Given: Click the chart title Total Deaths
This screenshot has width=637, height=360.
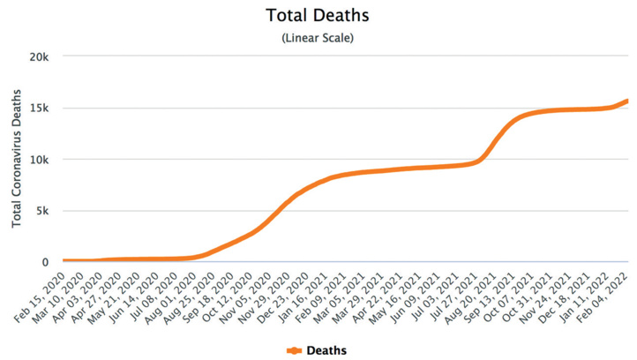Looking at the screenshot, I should tap(318, 16).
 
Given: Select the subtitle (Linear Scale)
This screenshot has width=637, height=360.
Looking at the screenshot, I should tap(318, 38).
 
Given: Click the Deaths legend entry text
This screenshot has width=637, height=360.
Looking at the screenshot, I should tap(326, 350).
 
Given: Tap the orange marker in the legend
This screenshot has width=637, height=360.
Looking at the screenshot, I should tap(295, 350).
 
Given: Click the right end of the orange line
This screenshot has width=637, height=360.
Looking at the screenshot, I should tap(627, 101).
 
